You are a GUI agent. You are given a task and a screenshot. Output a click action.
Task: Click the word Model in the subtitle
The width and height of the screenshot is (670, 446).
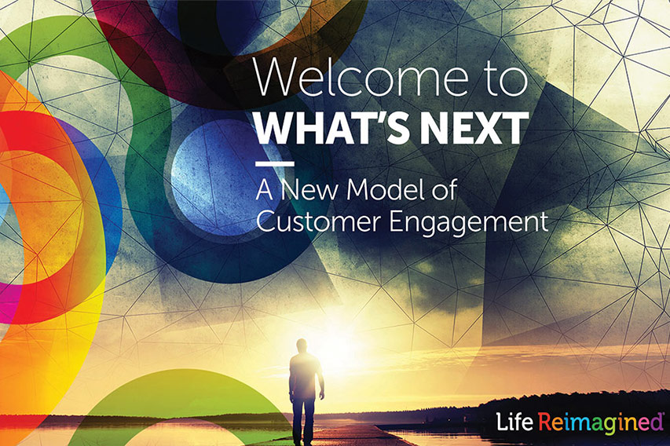pyautogui.click(x=386, y=189)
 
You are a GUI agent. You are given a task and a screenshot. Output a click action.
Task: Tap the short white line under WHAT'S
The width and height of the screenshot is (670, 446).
pyautogui.click(x=274, y=163)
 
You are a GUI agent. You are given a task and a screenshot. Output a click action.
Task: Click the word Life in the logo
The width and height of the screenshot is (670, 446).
pyautogui.click(x=514, y=422)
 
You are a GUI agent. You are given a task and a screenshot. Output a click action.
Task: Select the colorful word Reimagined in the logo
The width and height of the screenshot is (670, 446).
pyautogui.click(x=600, y=423)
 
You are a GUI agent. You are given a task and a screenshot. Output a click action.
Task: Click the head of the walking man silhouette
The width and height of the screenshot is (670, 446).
pyautogui.click(x=302, y=345)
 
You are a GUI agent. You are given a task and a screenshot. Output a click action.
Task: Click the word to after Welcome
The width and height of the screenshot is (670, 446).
pyautogui.click(x=507, y=78)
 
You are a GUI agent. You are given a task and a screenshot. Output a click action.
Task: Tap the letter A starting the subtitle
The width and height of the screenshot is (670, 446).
pyautogui.click(x=265, y=190)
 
